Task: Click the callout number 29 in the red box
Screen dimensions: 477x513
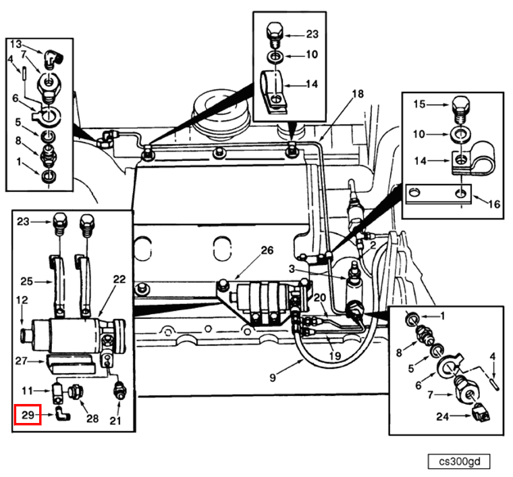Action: [27, 414]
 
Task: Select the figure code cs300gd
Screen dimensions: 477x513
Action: [458, 462]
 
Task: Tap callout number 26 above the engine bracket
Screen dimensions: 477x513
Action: [267, 251]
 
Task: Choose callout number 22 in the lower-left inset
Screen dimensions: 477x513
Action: [119, 280]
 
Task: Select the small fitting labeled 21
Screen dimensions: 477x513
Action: [119, 391]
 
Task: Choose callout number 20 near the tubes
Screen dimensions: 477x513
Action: [319, 297]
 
